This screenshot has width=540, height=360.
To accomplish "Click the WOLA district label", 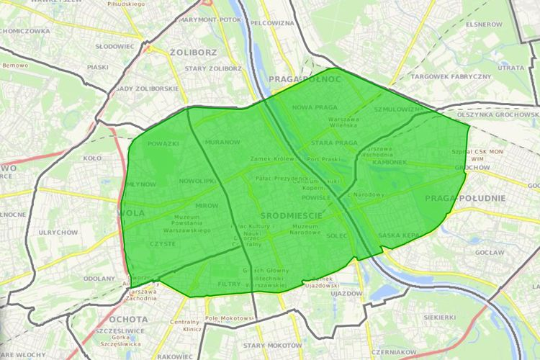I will coord(132,213).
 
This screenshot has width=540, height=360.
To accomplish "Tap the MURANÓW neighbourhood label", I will coord(222,142).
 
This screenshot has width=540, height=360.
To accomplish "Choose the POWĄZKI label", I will coord(163,143).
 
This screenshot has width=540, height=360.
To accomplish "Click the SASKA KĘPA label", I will coord(399,235).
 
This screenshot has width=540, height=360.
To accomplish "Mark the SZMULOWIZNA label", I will coord(400,109).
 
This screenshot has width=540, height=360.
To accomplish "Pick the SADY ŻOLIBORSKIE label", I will coord(147,88).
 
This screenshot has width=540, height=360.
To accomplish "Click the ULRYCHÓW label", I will coord(58,233).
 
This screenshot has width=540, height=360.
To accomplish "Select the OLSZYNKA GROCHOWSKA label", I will coord(498,114).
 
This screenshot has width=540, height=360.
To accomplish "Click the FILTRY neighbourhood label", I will coord(228,284).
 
